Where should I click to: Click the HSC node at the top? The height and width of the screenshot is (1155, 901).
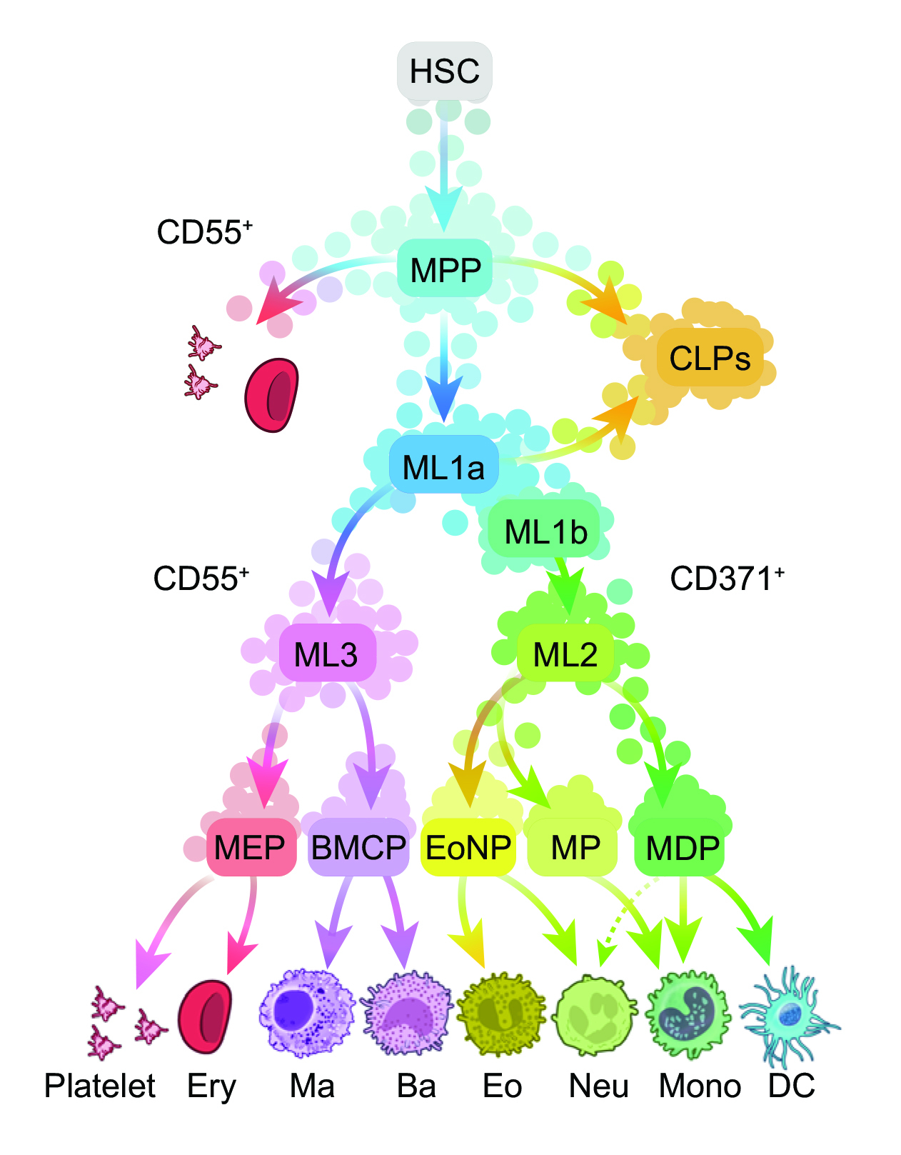pyautogui.click(x=444, y=71)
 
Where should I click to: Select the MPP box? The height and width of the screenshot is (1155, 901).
pyautogui.click(x=446, y=269)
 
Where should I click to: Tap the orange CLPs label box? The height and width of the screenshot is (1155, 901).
pyautogui.click(x=709, y=358)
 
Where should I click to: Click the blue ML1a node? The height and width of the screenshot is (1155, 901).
pyautogui.click(x=443, y=466)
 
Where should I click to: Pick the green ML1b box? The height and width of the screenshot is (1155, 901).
pyautogui.click(x=545, y=531)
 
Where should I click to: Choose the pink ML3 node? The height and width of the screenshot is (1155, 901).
pyautogui.click(x=326, y=653)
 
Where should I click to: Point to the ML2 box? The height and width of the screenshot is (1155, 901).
pyautogui.click(x=565, y=653)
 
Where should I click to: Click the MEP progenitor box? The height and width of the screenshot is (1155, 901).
pyautogui.click(x=250, y=847)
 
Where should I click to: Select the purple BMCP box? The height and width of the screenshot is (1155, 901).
pyautogui.click(x=358, y=847)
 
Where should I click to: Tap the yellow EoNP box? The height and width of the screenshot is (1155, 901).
pyautogui.click(x=468, y=847)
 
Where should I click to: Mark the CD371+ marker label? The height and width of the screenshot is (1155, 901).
pyautogui.click(x=727, y=579)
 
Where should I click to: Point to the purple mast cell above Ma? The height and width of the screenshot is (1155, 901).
pyautogui.click(x=307, y=1013)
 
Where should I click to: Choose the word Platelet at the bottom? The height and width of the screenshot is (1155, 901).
pyautogui.click(x=100, y=1086)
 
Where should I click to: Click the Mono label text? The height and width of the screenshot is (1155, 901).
pyautogui.click(x=700, y=1086)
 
